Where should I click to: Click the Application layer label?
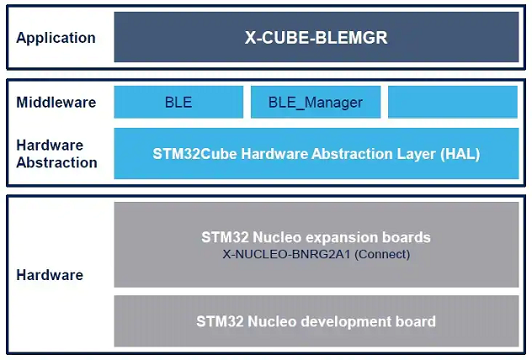[x=56, y=38]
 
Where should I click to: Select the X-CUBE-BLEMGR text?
[x=317, y=37]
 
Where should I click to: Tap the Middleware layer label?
[x=56, y=102]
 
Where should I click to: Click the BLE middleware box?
[x=178, y=102]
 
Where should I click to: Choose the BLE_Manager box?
[x=316, y=102]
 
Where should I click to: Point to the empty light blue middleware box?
[x=453, y=102]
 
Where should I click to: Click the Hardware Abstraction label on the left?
[x=56, y=154]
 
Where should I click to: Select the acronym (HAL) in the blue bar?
[x=460, y=154]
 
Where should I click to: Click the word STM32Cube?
[x=194, y=154]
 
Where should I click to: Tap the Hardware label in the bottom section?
[x=50, y=275]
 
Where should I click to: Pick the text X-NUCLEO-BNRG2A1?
[x=286, y=254]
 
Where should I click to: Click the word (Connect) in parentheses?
[x=382, y=254]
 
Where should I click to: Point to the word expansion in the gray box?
[x=341, y=238]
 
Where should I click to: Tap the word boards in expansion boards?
[x=406, y=237]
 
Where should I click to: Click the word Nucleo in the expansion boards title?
[x=277, y=237]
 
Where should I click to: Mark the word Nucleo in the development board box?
[x=272, y=321]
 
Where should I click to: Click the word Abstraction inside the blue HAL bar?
[x=352, y=154]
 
